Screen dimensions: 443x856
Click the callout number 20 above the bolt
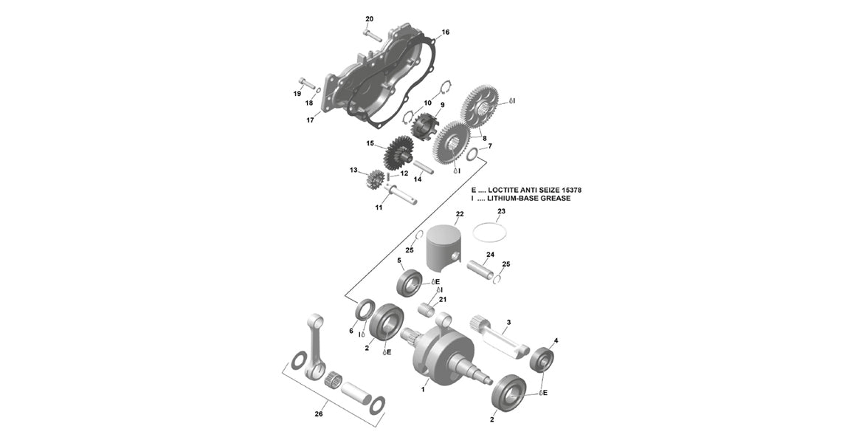(370, 18)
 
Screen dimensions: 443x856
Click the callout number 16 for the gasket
(445, 32)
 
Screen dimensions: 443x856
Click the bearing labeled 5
(410, 283)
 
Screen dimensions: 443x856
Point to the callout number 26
(319, 414)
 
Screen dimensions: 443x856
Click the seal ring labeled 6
(364, 311)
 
